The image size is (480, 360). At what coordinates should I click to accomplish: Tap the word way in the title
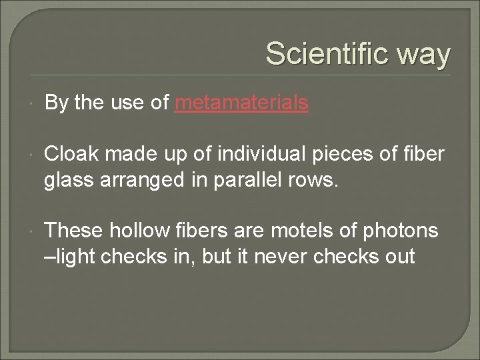click(x=423, y=55)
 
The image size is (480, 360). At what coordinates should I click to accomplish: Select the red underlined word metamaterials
click(x=241, y=103)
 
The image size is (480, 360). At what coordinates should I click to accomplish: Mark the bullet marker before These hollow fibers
click(x=33, y=231)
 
